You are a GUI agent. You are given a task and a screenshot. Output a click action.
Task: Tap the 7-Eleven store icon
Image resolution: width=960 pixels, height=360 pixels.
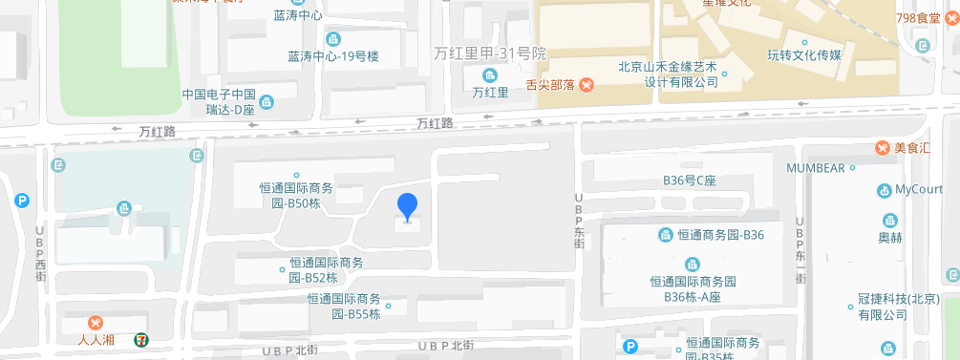(x=140, y=337)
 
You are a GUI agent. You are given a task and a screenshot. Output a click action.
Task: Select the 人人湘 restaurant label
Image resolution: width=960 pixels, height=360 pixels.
(x=96, y=338)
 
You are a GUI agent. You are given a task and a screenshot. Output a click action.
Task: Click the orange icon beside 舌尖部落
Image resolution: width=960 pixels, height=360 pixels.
(x=587, y=85)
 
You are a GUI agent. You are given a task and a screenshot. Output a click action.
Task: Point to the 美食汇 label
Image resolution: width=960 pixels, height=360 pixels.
(x=913, y=148)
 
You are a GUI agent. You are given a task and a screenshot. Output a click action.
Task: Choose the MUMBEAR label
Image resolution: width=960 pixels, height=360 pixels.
(x=815, y=168)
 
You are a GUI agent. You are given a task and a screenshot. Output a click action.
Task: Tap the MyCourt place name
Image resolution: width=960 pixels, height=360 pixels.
(x=919, y=189)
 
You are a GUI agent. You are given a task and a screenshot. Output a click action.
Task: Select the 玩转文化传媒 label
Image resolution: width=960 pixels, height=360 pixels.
(x=804, y=54)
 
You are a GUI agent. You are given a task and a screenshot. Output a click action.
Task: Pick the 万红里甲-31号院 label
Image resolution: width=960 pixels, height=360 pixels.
(x=489, y=53)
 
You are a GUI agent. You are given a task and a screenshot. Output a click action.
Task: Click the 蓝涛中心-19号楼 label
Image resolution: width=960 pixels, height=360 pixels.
(x=333, y=56)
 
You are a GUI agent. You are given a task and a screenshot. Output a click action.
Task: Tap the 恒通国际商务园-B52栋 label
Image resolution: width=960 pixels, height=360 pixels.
(x=326, y=270)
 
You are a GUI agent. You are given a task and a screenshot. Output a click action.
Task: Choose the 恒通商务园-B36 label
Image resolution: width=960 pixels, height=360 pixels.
(x=721, y=235)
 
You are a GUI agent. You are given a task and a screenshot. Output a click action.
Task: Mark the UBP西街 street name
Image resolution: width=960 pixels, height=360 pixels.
(x=40, y=253)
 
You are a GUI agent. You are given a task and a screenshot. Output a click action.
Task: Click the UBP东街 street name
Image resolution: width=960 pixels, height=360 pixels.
(x=579, y=222)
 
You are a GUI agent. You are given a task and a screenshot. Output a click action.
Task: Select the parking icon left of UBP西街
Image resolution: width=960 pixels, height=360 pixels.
(x=22, y=201)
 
